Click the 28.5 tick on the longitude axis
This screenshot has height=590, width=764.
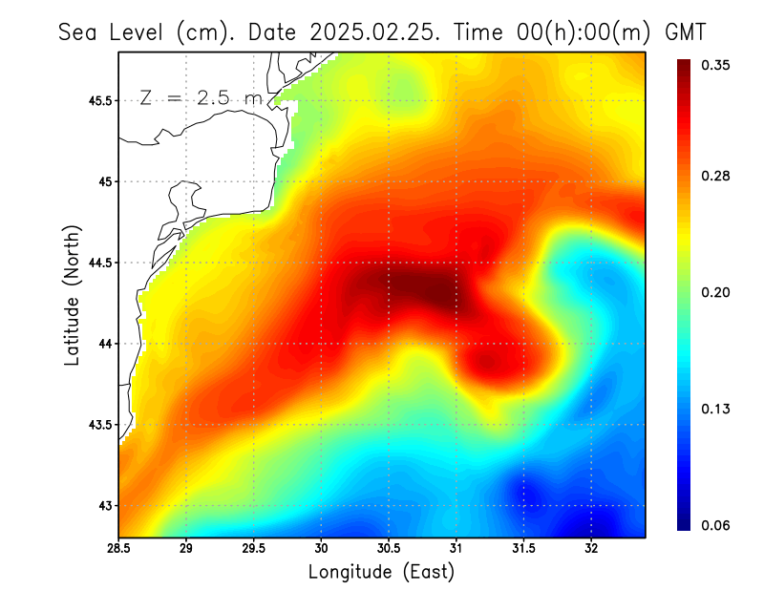pyautogui.click(x=119, y=548)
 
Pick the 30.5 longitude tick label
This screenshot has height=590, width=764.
pyautogui.click(x=389, y=548)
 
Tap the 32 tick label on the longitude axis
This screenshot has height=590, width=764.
pyautogui.click(x=591, y=548)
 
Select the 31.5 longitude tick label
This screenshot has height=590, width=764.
pyautogui.click(x=523, y=548)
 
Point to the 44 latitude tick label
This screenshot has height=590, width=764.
pyautogui.click(x=107, y=344)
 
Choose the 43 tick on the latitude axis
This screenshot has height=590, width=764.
pyautogui.click(x=107, y=505)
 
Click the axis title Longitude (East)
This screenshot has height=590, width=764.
pyautogui.click(x=381, y=572)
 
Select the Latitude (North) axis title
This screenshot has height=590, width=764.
pyautogui.click(x=72, y=294)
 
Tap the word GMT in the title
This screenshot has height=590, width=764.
pyautogui.click(x=685, y=31)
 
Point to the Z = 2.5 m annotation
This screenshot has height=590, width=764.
pyautogui.click(x=200, y=97)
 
